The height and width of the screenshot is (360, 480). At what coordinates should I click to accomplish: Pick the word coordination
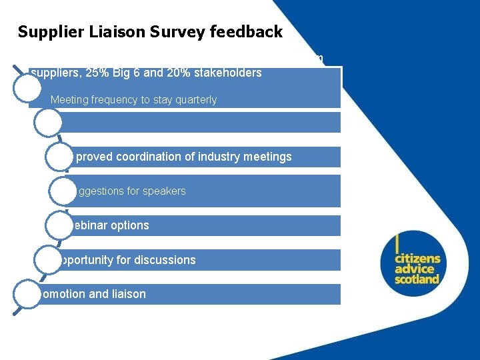[148, 157]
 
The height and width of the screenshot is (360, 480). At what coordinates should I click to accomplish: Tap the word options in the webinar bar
[130, 225]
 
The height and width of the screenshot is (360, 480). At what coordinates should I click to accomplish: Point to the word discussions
[165, 260]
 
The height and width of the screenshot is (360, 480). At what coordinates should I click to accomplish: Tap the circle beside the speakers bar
[63, 191]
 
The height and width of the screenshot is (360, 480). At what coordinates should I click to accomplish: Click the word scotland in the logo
[417, 279]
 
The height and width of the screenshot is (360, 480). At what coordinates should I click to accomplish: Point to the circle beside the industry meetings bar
[61, 157]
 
